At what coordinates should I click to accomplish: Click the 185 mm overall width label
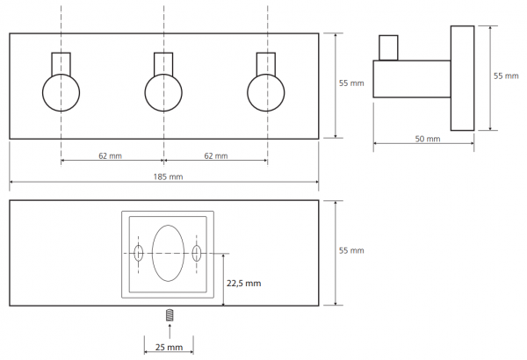(x=168, y=176)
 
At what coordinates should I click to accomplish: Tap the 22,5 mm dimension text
(x=243, y=284)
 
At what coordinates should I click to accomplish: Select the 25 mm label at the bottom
(x=169, y=347)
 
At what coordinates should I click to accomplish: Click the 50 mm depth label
(x=428, y=139)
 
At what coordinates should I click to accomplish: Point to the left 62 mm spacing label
(x=111, y=156)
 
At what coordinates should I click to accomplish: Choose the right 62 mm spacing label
(x=216, y=156)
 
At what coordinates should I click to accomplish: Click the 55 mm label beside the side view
(x=506, y=76)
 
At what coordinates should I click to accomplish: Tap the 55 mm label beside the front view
(x=351, y=83)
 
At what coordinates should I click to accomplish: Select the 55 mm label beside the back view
(x=351, y=250)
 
